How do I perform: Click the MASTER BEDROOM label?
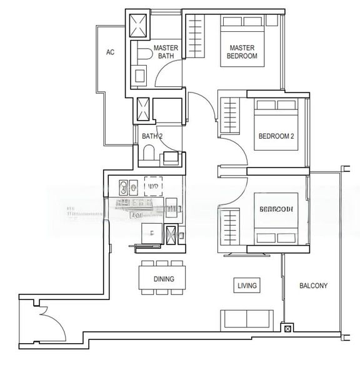[242, 52]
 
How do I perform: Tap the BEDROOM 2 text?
[276, 136]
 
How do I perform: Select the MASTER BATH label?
[166, 52]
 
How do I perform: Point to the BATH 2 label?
[152, 136]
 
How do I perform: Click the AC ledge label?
[110, 52]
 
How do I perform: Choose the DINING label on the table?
[164, 279]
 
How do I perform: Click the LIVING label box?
[247, 286]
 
